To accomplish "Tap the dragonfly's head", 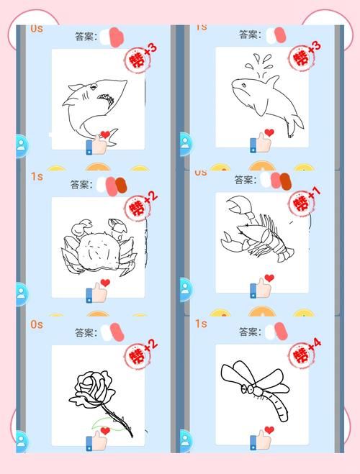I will (x=248, y=389).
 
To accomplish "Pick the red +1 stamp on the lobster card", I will (x=305, y=203).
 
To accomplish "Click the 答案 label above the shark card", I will (x=86, y=36).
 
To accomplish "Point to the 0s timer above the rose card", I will (x=37, y=324).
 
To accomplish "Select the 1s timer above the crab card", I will (x=37, y=176).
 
